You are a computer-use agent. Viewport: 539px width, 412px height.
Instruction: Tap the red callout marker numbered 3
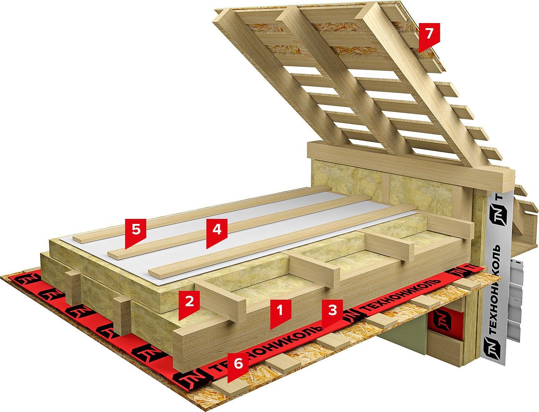pos(332,310)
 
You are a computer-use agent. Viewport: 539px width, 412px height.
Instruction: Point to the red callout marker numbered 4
pos(216,230)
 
